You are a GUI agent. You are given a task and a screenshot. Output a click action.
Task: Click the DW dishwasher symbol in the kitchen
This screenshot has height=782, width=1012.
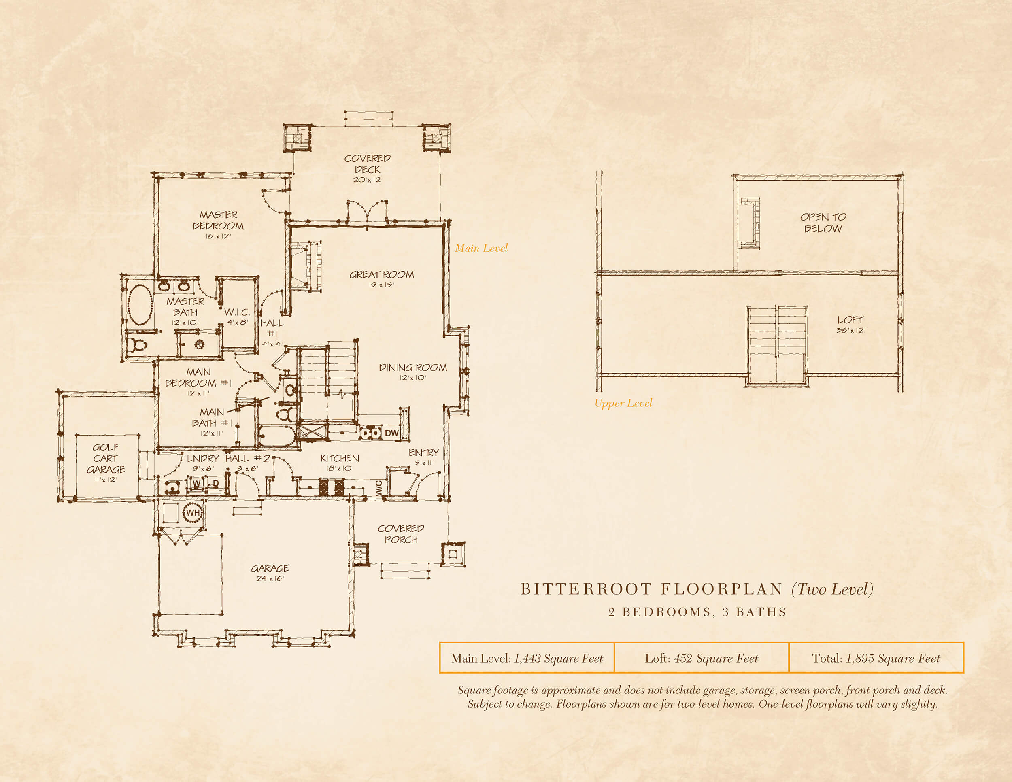point(391,433)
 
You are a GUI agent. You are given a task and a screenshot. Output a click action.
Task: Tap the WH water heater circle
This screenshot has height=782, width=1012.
point(193,513)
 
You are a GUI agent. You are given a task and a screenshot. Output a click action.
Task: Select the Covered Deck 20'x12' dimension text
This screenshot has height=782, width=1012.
point(368,180)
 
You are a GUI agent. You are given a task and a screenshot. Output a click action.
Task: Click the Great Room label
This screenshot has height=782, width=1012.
point(382,275)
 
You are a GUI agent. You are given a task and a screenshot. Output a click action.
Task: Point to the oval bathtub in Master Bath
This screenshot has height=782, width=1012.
point(140,304)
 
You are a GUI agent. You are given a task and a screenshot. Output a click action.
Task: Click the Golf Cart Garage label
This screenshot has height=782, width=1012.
point(106,459)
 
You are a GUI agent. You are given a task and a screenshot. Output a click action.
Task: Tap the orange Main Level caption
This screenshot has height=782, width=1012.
point(481,248)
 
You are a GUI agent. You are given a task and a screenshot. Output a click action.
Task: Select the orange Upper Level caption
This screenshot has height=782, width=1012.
point(623,403)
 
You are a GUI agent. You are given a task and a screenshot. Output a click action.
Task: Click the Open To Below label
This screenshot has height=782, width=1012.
point(823,223)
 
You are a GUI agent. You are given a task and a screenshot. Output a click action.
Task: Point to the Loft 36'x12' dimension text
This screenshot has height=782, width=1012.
point(851,330)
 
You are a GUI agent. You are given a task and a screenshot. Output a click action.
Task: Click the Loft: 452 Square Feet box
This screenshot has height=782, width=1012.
point(702,657)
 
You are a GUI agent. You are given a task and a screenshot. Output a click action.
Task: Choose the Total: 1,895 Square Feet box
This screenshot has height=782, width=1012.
point(876,657)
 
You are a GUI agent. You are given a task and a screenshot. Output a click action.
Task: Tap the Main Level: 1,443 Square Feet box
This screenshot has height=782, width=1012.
point(527,657)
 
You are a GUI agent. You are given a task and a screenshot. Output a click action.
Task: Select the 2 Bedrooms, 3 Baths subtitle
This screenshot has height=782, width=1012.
point(697,612)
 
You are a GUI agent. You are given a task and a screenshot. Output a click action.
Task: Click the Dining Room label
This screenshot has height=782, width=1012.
point(413,368)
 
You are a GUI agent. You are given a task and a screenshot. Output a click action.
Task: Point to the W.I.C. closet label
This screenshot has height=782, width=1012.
point(237,312)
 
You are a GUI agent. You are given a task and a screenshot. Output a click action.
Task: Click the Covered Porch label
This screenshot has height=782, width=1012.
point(401,534)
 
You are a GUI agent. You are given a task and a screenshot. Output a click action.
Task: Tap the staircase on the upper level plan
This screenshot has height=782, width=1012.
point(777,345)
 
